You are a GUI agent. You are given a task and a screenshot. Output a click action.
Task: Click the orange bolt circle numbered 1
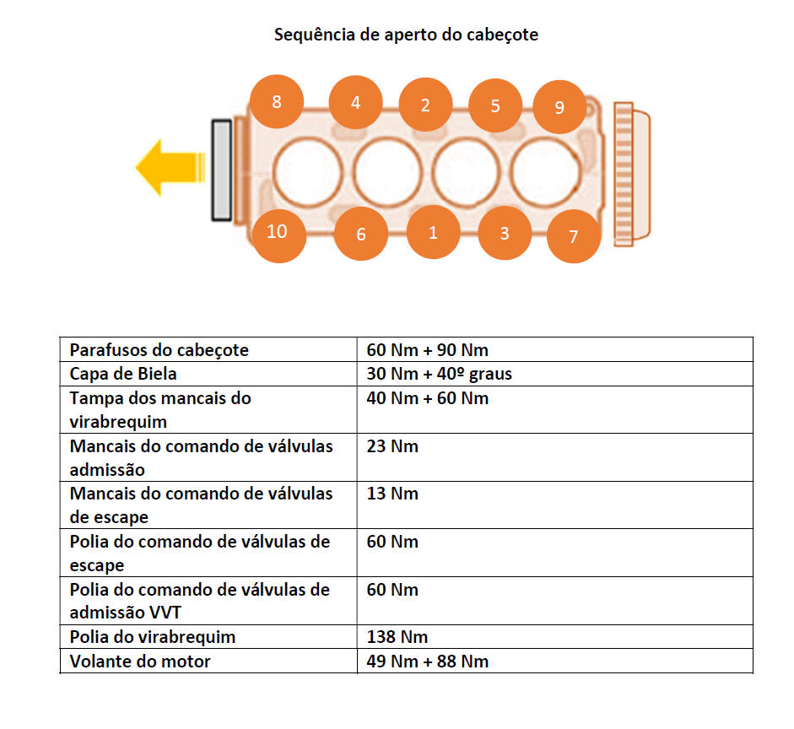point(433,232)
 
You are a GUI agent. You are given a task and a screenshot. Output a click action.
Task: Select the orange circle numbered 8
point(277,101)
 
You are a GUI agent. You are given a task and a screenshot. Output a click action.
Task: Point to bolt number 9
point(559,107)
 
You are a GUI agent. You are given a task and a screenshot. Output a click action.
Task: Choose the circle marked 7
point(574,236)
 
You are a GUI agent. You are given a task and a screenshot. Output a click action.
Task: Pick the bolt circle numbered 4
point(355,102)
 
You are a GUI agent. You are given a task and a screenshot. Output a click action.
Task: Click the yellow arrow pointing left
point(170,168)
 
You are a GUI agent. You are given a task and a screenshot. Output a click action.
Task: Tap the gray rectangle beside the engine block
point(222,170)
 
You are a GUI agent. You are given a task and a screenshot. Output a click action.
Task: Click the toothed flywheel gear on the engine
point(624,174)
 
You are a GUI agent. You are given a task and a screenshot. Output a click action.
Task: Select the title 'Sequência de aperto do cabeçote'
point(406,35)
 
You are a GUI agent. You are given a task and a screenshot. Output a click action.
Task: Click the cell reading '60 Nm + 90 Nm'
point(428,350)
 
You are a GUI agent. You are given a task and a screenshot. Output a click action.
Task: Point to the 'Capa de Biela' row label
point(123,374)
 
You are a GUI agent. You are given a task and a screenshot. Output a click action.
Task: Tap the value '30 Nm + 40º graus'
point(439,374)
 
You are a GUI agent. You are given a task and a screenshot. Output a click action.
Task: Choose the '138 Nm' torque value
point(397,637)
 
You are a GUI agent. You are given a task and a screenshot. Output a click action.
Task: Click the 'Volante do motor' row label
point(140,661)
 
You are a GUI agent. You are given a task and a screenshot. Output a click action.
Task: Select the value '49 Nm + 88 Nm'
point(428,661)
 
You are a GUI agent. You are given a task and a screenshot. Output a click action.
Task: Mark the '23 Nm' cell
point(392,446)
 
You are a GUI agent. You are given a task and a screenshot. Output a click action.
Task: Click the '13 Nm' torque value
point(392,494)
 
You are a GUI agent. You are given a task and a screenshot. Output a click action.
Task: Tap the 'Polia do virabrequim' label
point(153,637)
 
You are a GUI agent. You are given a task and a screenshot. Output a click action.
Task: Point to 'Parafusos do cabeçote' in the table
point(159,350)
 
